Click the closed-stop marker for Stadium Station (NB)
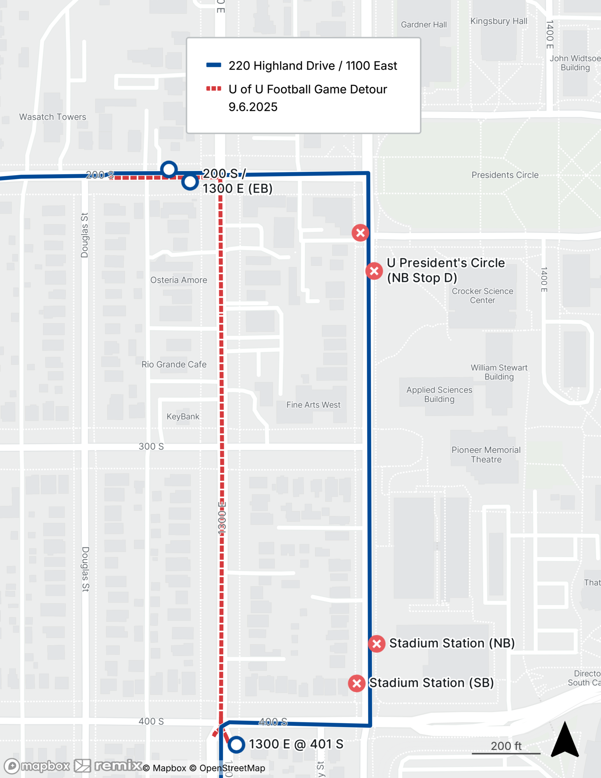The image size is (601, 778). pos(377,643)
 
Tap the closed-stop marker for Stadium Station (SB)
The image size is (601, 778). pos(356,683)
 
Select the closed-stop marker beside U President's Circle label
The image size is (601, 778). pos(374,271)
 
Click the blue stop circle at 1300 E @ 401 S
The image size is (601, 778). pos(236,745)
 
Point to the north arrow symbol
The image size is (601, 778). pos(565,740)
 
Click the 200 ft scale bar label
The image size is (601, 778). pos(506,746)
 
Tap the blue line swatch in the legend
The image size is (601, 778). pos(214,65)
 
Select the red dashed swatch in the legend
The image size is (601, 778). pos(214,89)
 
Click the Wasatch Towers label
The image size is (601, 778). pos(53,117)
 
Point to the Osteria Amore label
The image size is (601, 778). pos(179,280)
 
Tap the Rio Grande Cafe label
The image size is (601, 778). pos(174,364)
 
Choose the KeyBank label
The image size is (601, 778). pos(183,417)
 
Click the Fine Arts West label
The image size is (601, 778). pos(313,405)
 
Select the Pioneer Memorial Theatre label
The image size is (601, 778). pos(486,455)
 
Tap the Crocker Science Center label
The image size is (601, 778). pos(482,296)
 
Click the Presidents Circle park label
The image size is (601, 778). pos(505,175)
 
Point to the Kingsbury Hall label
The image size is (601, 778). pos(499,21)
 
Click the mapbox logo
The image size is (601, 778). pos(37,766)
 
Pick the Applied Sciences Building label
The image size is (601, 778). pos(439,394)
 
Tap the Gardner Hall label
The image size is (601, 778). pos(424,25)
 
